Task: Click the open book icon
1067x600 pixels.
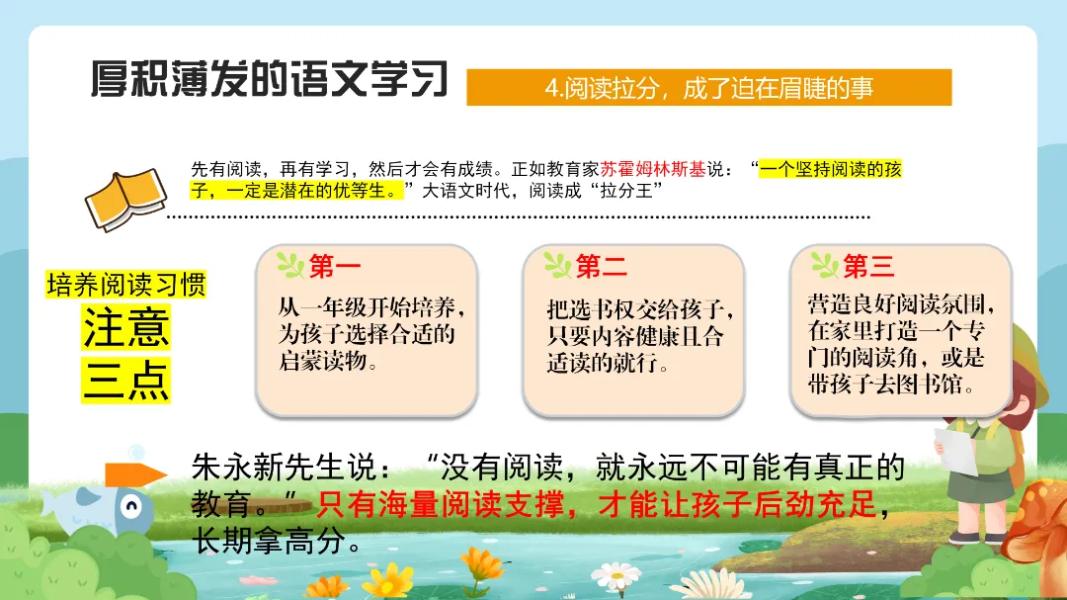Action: tap(125, 199)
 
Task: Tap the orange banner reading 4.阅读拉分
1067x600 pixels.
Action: tap(708, 87)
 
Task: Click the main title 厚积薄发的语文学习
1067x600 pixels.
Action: tap(270, 79)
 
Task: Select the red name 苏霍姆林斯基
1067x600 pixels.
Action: tap(653, 169)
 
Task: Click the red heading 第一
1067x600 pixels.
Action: tap(334, 266)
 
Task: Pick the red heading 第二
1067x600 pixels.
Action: tap(601, 266)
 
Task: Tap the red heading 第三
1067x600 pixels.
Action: tap(868, 266)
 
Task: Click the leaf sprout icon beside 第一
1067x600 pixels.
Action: tap(290, 265)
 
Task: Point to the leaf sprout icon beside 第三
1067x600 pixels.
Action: tap(825, 265)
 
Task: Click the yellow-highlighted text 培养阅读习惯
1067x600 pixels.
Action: tap(125, 285)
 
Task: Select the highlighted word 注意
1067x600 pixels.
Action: tap(125, 327)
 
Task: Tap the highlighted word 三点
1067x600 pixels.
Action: tap(125, 380)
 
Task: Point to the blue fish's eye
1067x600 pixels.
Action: tap(130, 507)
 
